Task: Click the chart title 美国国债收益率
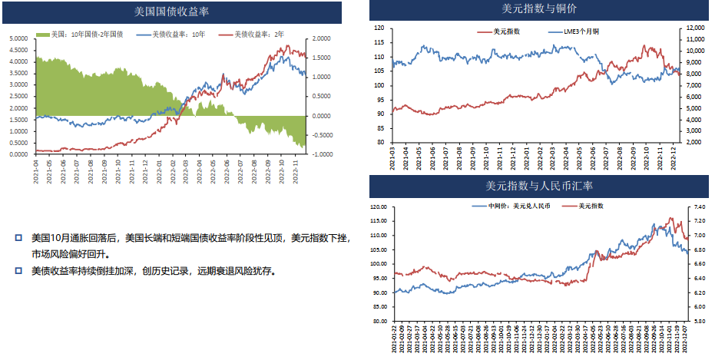(172, 12)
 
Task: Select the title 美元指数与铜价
(539, 9)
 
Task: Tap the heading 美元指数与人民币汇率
(539, 187)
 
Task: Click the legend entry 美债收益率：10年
(177, 35)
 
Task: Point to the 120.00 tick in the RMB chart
(382, 207)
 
